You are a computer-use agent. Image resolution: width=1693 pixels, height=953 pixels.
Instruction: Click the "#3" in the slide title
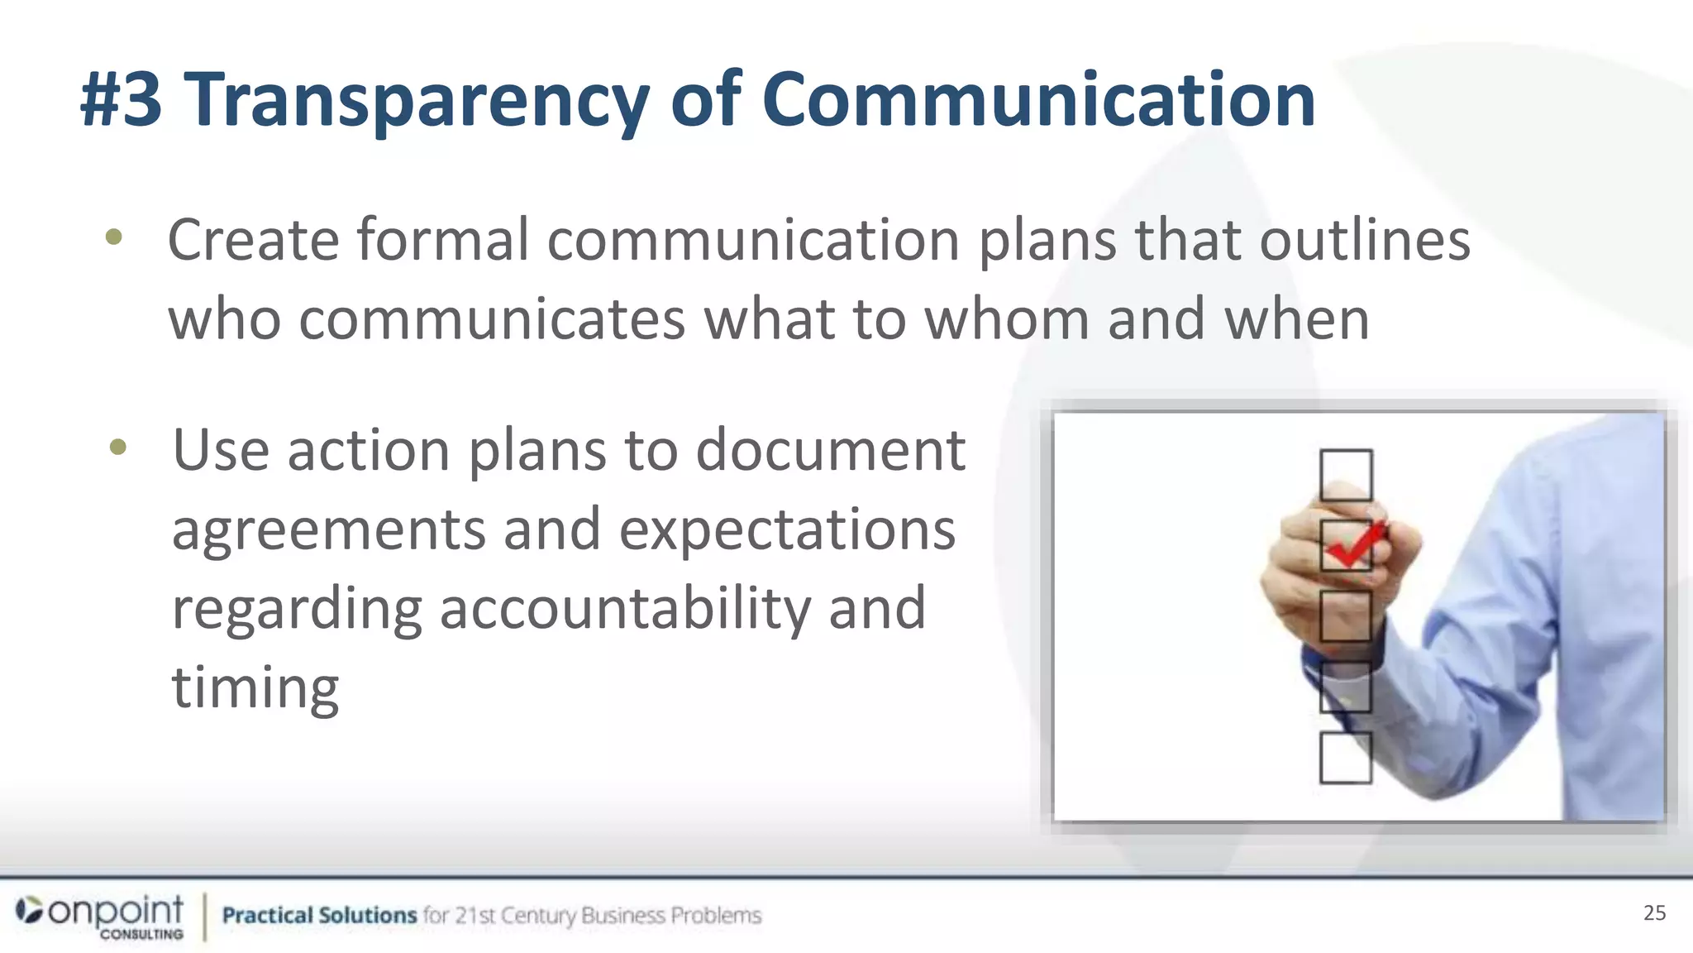point(121,100)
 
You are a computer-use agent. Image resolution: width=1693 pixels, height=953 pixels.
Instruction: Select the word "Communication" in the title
point(1038,100)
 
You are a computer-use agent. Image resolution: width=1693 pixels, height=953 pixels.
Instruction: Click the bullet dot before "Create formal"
point(114,238)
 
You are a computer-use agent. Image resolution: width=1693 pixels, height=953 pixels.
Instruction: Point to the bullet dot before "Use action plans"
point(118,448)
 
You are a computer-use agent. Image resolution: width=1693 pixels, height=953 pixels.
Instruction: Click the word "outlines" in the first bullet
point(1364,240)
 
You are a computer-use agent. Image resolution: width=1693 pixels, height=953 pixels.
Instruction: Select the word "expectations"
point(787,529)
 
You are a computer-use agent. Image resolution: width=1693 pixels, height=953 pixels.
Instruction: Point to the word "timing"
point(255,688)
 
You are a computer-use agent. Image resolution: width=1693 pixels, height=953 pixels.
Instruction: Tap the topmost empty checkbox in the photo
point(1346,475)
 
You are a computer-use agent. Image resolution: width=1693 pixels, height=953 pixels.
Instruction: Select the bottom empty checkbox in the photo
point(1345,758)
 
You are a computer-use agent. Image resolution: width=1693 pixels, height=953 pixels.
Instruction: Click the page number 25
point(1654,912)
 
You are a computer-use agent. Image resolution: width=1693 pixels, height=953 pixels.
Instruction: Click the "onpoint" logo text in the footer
point(116,911)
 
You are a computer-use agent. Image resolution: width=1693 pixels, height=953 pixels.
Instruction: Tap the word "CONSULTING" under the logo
point(141,935)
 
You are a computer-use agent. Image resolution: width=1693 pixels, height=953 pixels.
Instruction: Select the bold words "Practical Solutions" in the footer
point(319,915)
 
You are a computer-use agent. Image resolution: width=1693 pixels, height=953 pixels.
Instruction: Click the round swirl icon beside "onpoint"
point(29,911)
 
